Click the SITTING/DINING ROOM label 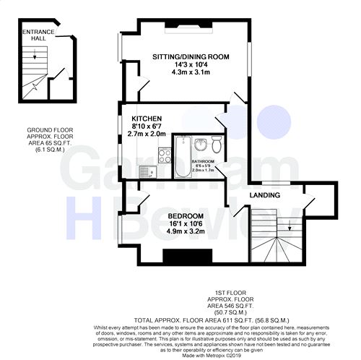coord(190,56)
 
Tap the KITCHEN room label coord(146,118)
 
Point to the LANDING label coord(265,195)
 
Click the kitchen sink coord(147,171)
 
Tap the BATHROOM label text coord(203,161)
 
